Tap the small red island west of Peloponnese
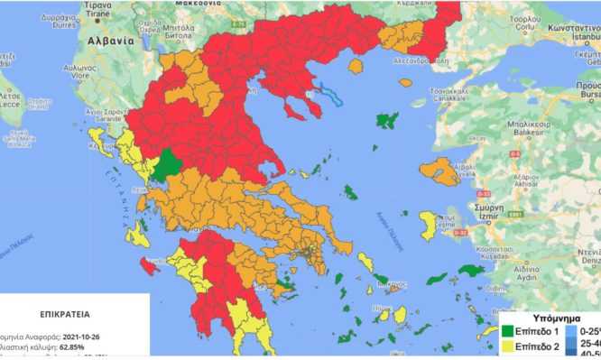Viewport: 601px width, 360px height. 148,265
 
